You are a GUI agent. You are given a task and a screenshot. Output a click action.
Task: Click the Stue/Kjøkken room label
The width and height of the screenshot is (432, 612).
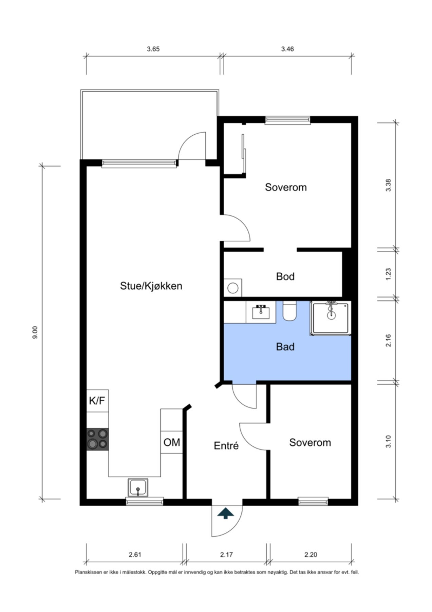point(151,286)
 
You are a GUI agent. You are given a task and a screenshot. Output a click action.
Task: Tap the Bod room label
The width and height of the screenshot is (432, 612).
point(285,276)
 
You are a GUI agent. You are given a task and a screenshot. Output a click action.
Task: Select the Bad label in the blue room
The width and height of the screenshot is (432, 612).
point(285,347)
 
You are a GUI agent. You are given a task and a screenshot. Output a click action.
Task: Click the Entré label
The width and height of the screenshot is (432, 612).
point(226,446)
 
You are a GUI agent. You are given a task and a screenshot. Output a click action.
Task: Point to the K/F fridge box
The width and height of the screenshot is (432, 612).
point(97,401)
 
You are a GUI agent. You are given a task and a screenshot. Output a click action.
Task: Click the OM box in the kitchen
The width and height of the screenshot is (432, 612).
point(172,442)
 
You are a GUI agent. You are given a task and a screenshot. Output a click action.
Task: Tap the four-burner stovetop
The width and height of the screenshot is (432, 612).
point(98,439)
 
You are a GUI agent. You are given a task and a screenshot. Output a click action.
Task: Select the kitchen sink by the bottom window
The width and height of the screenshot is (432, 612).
point(138,488)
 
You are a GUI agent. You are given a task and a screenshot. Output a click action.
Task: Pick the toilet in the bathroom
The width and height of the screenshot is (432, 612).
point(289,311)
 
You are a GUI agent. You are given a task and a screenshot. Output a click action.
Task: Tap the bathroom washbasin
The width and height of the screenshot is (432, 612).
point(261,312)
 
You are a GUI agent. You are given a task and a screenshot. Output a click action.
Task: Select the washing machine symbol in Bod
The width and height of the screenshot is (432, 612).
point(233,288)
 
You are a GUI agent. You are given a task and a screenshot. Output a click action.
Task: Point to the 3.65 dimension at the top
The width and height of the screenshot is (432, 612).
point(153,49)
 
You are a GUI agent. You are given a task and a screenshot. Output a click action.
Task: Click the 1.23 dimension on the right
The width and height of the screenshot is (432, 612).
point(388,274)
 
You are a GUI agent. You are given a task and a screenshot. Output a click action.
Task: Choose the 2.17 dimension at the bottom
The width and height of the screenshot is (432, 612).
point(226,555)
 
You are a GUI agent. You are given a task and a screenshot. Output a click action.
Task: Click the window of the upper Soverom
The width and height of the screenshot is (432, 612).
point(287,120)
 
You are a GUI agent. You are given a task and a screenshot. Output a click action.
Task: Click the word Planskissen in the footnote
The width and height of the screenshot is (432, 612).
point(88,572)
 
